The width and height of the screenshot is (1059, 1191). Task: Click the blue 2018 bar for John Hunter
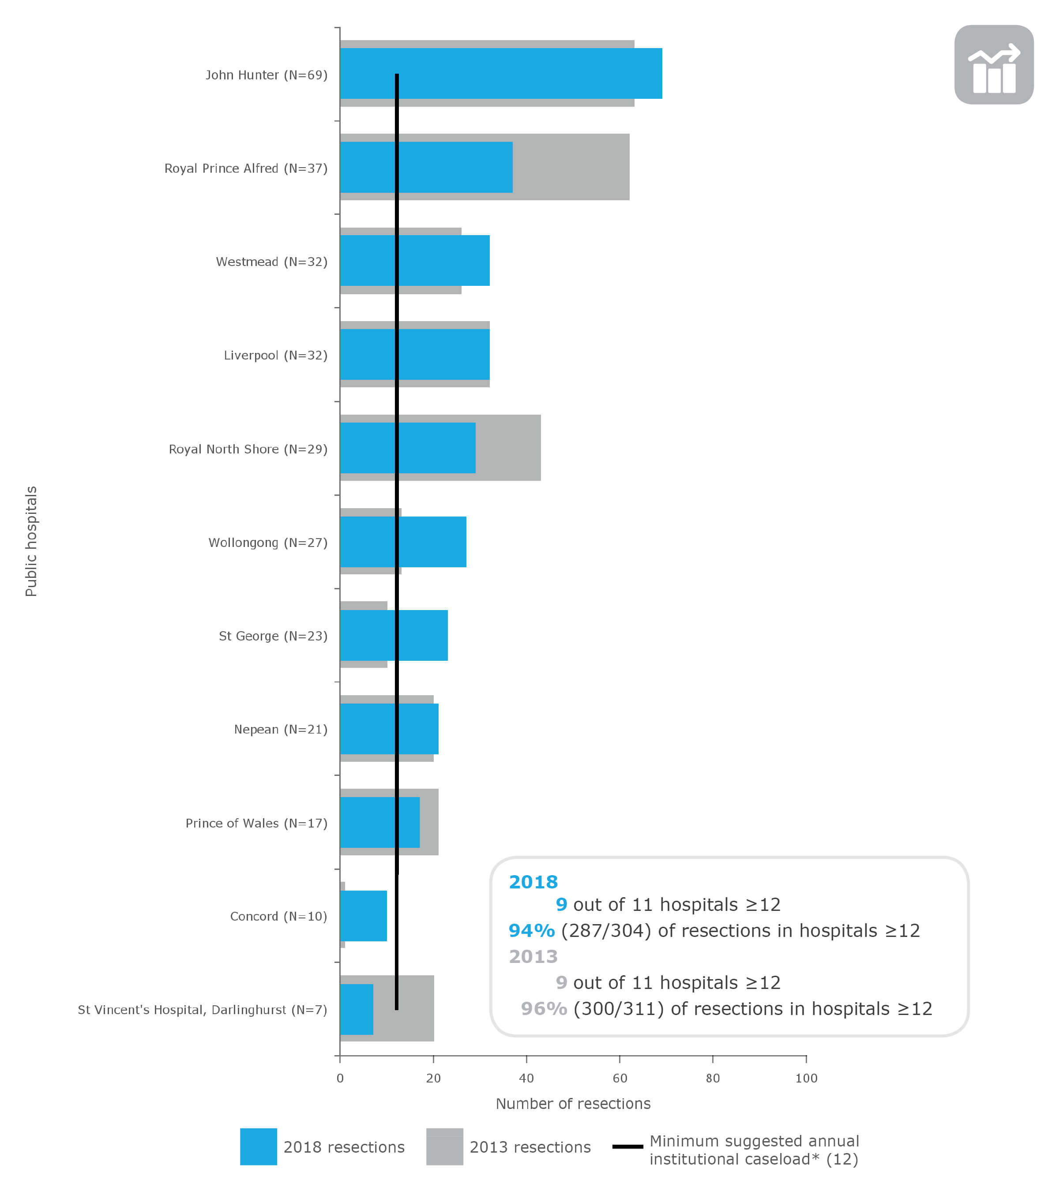[525, 73]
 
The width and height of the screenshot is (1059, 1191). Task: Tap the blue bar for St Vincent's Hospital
[356, 1009]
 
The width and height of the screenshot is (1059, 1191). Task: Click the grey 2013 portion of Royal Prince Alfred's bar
[571, 167]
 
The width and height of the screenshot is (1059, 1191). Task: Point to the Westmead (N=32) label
[272, 262]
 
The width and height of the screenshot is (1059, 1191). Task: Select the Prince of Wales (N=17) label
[256, 823]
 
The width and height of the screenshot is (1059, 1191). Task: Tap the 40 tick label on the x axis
[526, 1078]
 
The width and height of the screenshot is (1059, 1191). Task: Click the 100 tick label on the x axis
[806, 1078]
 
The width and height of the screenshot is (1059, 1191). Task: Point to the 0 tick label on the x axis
[340, 1078]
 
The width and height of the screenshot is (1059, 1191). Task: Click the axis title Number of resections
[573, 1104]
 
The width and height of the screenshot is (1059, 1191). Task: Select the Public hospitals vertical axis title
[31, 541]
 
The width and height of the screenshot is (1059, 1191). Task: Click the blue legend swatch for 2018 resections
[258, 1147]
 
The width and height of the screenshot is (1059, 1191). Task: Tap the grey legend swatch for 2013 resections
[445, 1147]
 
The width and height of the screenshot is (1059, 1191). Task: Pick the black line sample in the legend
[628, 1146]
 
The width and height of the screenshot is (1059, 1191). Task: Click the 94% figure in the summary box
[531, 931]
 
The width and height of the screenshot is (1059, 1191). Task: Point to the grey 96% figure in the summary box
[543, 1009]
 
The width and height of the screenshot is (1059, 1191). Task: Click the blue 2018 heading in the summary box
[533, 882]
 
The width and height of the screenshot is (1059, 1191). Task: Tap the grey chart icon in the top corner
[994, 65]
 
